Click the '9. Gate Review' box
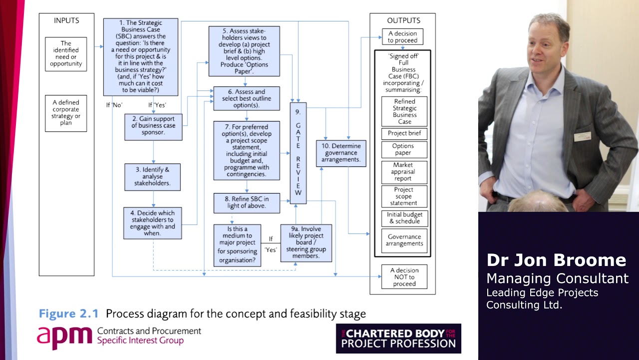(x=298, y=153)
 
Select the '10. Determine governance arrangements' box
(x=341, y=153)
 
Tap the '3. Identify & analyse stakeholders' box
(x=152, y=176)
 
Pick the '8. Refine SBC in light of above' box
(x=247, y=202)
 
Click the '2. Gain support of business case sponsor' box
(x=153, y=126)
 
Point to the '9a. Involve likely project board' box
(x=306, y=242)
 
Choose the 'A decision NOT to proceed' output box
(x=404, y=277)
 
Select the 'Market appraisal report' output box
(x=404, y=171)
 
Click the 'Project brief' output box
(x=404, y=133)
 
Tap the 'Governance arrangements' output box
(x=404, y=240)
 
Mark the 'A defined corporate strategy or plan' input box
(x=66, y=113)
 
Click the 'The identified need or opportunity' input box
(x=66, y=54)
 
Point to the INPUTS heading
(x=66, y=21)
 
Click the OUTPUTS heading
(x=403, y=21)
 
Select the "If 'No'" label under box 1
(x=114, y=105)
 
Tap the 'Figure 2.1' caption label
(x=69, y=314)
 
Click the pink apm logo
(x=64, y=337)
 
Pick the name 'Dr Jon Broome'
(x=556, y=260)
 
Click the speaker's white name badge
(x=582, y=136)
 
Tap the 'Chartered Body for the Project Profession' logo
(x=398, y=338)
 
